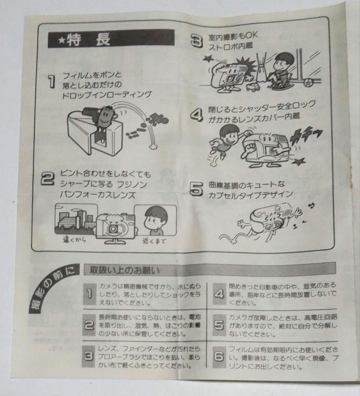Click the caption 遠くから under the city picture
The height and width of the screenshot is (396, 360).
[75, 241]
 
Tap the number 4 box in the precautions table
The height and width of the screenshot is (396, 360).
[219, 294]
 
